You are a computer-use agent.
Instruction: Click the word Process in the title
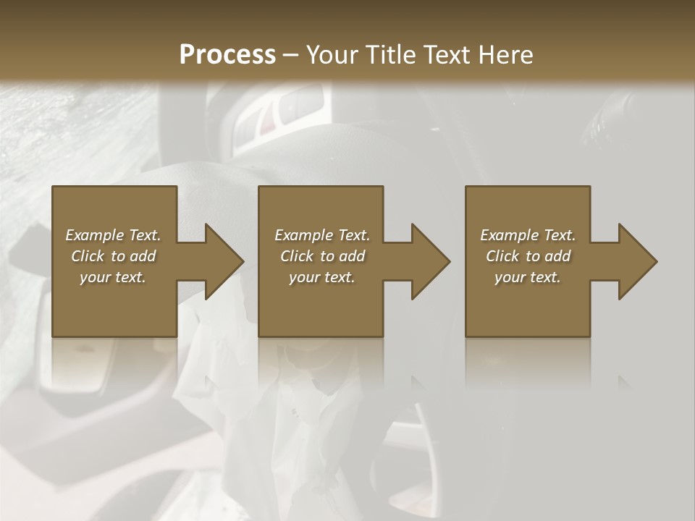[x=227, y=54]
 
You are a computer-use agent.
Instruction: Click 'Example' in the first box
[x=93, y=235]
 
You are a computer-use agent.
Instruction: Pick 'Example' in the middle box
[x=303, y=235]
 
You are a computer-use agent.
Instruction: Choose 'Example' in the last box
[x=508, y=235]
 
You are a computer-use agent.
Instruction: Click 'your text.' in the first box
[x=113, y=277]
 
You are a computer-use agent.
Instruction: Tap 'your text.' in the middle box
[x=322, y=277]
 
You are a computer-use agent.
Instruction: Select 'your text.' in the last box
[x=528, y=277]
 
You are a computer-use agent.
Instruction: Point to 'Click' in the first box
[x=88, y=256]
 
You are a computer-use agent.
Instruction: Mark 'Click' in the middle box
[x=297, y=256]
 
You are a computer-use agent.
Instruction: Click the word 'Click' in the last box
[x=502, y=256]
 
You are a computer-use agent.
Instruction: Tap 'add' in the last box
[x=557, y=256]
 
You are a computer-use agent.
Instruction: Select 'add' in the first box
[x=143, y=256]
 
